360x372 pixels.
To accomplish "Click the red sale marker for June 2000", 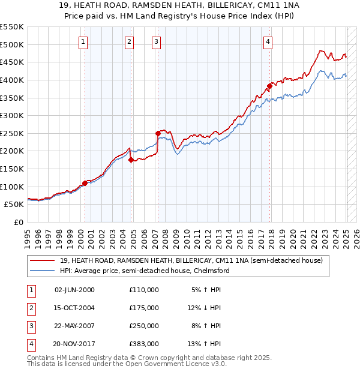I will click(x=85, y=184).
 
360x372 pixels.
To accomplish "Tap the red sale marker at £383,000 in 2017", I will click(x=270, y=86).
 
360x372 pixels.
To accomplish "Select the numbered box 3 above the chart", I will click(x=156, y=41).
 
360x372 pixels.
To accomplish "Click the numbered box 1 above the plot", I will click(x=82, y=41).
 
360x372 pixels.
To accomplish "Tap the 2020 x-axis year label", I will click(x=293, y=237).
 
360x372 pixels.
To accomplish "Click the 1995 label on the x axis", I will click(x=28, y=237).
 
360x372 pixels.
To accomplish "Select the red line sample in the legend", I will click(x=43, y=260).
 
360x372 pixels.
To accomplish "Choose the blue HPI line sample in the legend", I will click(x=43, y=271).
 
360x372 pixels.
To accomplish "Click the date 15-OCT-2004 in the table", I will click(x=74, y=308).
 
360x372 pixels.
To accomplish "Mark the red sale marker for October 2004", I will click(x=131, y=160).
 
